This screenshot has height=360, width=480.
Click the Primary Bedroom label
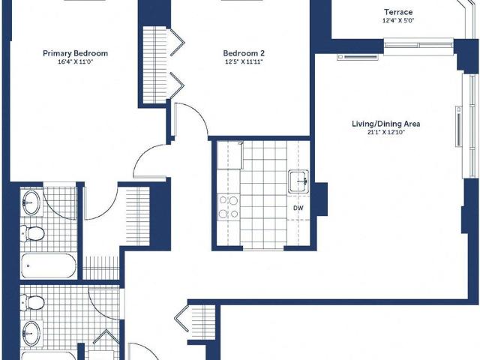tap(75, 53)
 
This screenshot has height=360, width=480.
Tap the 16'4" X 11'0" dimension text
tap(75, 61)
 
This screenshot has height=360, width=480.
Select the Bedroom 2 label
tap(244, 53)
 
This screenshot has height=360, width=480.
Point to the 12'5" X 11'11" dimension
tap(244, 61)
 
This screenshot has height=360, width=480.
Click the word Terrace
tap(398, 12)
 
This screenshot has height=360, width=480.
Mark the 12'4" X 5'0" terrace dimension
tap(398, 20)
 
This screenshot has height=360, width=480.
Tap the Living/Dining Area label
tap(386, 124)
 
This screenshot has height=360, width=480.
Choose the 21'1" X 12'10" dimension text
tap(386, 133)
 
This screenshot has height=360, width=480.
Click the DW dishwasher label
tap(298, 208)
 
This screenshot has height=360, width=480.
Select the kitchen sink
tap(298, 181)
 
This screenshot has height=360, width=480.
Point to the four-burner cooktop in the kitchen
tap(229, 207)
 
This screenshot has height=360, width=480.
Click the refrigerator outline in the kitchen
tap(230, 155)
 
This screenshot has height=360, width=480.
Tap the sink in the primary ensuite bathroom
tap(31, 202)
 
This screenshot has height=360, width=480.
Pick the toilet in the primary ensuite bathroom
tap(32, 234)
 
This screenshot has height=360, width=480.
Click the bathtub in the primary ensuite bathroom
tap(48, 265)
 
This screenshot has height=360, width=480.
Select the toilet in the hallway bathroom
tap(32, 302)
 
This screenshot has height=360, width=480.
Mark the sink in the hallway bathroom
tap(31, 332)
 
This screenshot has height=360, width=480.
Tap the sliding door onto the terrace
tap(418, 45)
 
